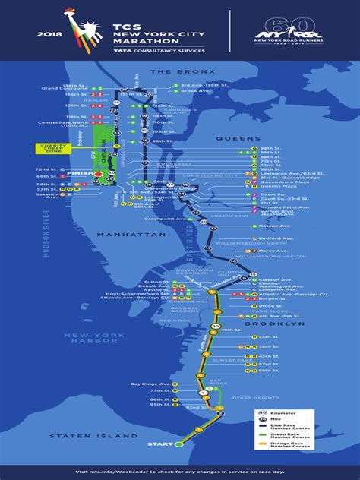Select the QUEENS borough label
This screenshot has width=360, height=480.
point(232,138)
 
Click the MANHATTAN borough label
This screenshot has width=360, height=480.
point(140,236)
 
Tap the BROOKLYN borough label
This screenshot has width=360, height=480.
point(286,324)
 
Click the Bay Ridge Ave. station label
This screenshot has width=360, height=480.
point(150,384)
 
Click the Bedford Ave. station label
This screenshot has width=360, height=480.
point(273,238)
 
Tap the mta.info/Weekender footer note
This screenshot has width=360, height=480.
point(180,471)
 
